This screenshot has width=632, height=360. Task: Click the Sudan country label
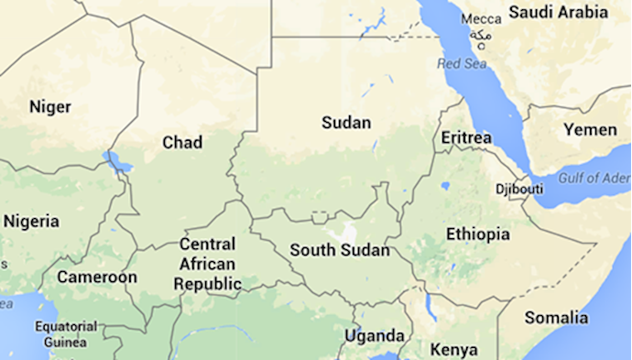346,123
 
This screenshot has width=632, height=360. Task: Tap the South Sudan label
339,249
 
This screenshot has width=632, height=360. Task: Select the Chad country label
182,142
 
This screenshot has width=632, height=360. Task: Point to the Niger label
49,107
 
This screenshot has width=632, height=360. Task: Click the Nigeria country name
31,222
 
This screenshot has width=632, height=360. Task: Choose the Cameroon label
97,277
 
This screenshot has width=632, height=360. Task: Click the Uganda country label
374,335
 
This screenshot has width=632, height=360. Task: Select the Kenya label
454,349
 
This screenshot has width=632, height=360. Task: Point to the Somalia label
556,318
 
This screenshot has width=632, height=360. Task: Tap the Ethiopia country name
478,235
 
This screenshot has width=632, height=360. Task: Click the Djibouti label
519,189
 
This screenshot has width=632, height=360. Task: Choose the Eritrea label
466,137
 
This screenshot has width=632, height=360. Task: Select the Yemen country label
590,130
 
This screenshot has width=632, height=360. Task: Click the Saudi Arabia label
558,13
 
